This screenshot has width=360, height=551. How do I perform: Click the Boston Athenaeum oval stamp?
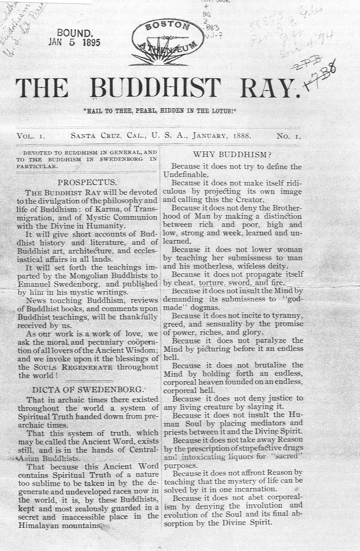click(x=167, y=39)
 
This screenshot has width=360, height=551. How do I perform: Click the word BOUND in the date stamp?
click(x=75, y=33)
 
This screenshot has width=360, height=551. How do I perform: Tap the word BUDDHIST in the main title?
click(x=158, y=88)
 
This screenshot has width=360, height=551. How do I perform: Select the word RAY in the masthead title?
click(x=267, y=88)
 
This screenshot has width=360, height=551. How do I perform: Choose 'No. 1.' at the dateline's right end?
click(x=288, y=136)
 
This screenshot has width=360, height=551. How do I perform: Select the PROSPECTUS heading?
click(x=87, y=182)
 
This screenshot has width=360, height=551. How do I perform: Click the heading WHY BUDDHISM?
click(x=232, y=155)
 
